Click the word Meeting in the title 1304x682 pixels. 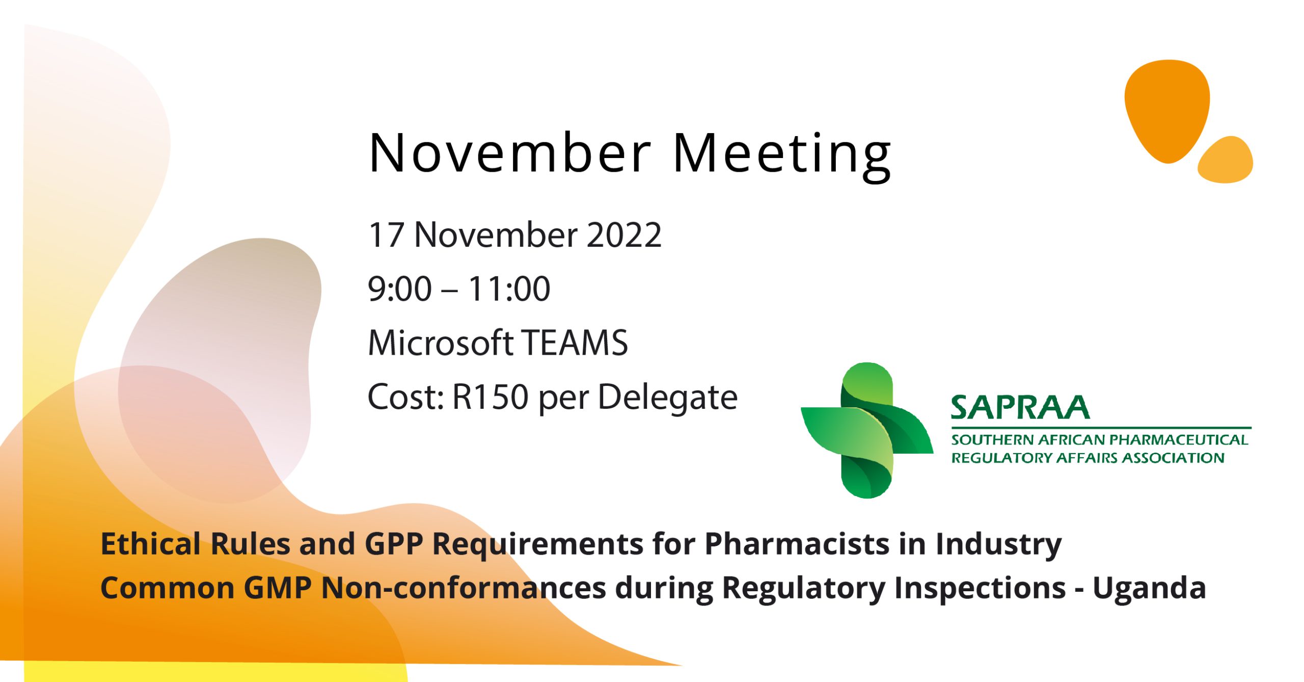point(782,153)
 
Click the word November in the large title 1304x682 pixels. point(510,153)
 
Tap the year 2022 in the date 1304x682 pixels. point(623,235)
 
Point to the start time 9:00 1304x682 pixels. point(399,289)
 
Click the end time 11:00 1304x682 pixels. point(509,289)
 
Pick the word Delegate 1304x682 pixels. point(667,398)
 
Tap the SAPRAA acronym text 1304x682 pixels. point(1020,408)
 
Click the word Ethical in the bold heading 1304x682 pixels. point(151,543)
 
